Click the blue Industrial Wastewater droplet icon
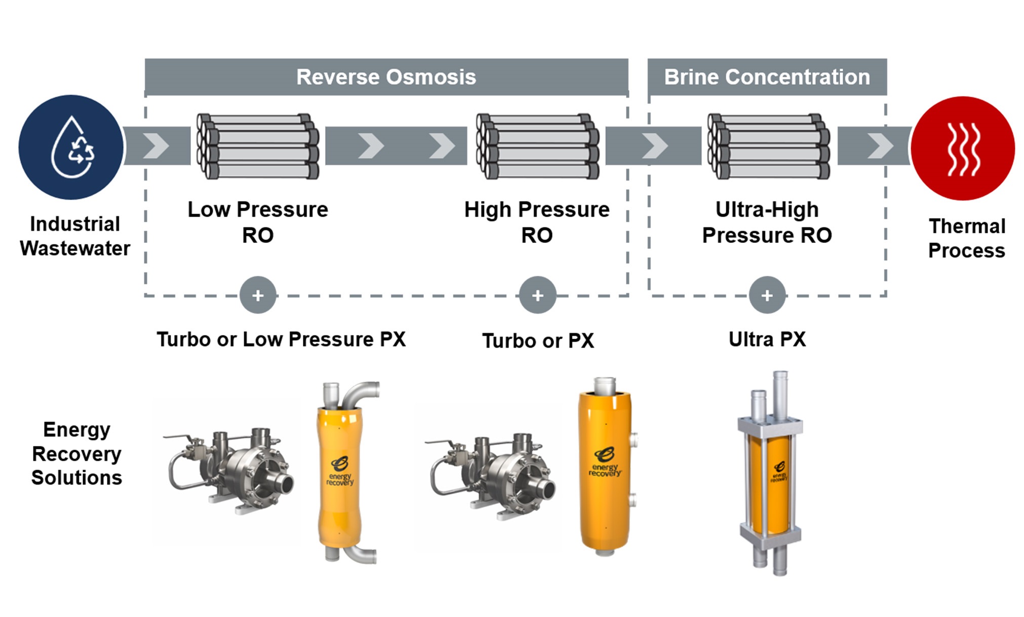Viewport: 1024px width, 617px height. pos(71,147)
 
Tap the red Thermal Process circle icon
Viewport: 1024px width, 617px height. pos(962,148)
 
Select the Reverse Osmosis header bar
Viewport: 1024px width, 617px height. pos(386,77)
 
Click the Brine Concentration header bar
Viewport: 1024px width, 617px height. pos(767,77)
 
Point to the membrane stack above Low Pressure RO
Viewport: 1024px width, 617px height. pos(258,146)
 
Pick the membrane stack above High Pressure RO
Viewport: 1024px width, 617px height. pos(537,146)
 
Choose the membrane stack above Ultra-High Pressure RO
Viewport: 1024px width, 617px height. pos(768,146)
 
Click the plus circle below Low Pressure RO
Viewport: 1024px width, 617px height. pos(258,295)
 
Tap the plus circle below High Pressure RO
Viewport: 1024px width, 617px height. pos(537,295)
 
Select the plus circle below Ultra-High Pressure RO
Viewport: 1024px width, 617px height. pos(767,295)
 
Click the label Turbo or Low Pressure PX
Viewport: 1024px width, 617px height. pos(281,339)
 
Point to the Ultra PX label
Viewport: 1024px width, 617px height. pos(767,339)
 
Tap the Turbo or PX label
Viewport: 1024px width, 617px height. pos(538,341)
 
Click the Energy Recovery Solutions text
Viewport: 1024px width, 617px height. pos(76,454)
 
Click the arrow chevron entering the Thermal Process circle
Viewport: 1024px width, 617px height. pos(880,146)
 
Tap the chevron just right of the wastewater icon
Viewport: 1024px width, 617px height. pos(156,146)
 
